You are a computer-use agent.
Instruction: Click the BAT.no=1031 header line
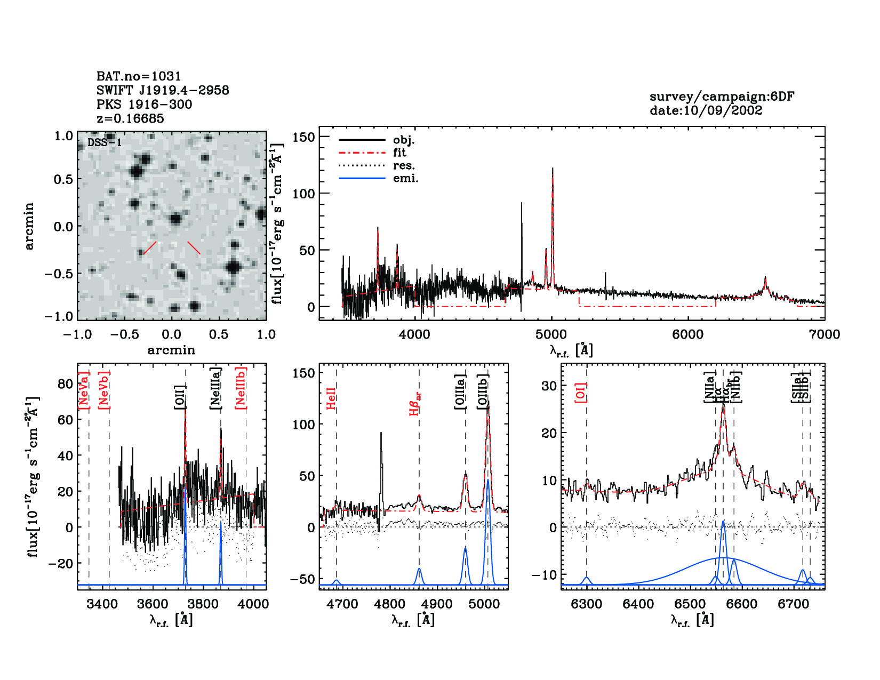coord(139,76)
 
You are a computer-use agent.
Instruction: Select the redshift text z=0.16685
coord(130,118)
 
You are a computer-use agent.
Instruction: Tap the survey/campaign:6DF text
coord(722,97)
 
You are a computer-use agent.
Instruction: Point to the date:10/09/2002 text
coord(706,110)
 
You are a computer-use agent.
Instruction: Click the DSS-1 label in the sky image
coord(105,142)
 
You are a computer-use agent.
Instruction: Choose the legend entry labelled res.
coord(404,165)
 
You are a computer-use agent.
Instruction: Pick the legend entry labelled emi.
coord(405,178)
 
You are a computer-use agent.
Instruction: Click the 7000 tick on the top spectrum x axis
coord(824,334)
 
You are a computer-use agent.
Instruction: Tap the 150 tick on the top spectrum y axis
coord(304,137)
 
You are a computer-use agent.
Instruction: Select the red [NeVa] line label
coord(83,390)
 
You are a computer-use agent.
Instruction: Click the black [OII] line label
coord(180,397)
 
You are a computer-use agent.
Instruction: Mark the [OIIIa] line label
coord(460,392)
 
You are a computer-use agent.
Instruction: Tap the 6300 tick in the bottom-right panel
coord(587,604)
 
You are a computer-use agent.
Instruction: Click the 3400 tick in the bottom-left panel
coord(101,604)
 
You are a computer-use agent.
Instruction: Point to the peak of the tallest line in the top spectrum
coord(553,169)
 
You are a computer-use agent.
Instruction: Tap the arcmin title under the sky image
coord(171,350)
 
